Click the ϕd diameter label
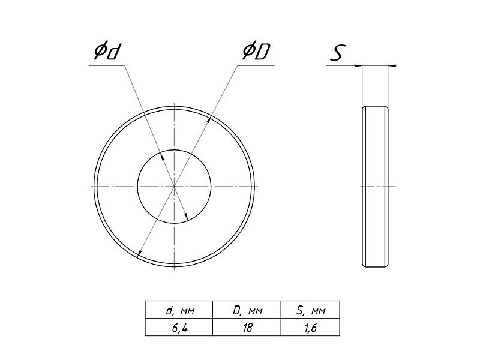[106, 52]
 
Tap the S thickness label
[338, 52]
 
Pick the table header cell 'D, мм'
[247, 311]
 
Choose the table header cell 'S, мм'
[311, 311]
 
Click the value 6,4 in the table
[179, 328]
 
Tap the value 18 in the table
[247, 328]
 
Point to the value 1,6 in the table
[311, 328]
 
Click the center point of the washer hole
[174, 186]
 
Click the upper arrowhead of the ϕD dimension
[209, 119]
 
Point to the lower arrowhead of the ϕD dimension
[139, 253]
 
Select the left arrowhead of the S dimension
[358, 65]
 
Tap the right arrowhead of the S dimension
[392, 65]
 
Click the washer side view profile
[376, 187]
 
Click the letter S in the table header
[299, 310]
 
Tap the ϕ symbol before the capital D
[248, 52]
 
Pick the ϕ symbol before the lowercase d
[100, 52]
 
